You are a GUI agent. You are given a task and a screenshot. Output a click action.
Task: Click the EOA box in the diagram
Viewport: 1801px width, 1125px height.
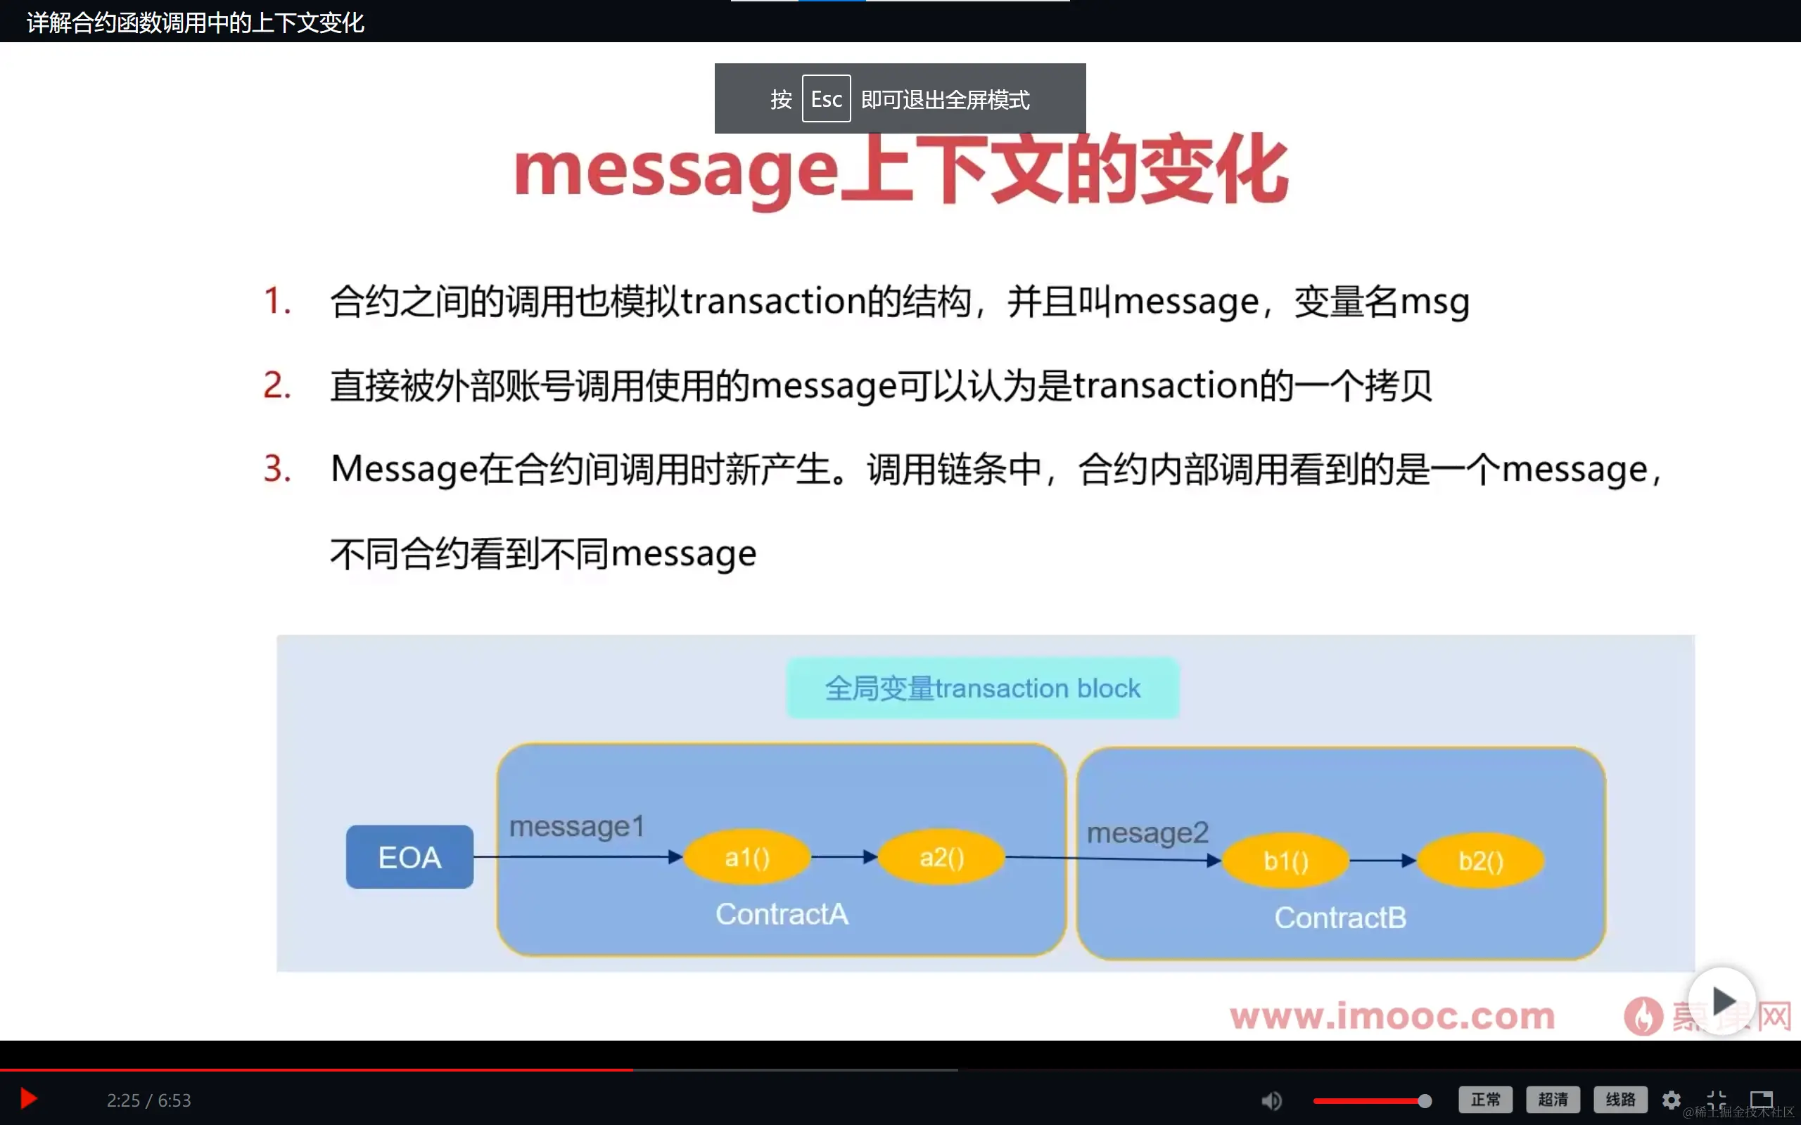point(409,857)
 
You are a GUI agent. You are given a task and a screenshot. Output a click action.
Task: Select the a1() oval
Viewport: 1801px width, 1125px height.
point(746,858)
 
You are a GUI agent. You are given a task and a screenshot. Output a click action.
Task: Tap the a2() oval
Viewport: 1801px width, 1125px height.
point(941,858)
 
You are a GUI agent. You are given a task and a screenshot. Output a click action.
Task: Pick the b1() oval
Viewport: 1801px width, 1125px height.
point(1285,861)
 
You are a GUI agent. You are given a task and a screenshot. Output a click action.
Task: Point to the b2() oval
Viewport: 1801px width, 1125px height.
point(1480,861)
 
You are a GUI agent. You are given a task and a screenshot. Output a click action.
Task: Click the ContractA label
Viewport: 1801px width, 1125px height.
point(782,913)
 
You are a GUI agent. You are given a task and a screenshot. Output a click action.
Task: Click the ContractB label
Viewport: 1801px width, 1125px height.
point(1340,918)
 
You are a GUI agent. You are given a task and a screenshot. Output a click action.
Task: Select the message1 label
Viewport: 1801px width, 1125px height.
point(577,827)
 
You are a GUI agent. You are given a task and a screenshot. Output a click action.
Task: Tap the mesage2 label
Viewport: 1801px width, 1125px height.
point(1147,833)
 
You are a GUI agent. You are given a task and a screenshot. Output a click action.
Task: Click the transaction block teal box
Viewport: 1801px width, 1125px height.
point(982,688)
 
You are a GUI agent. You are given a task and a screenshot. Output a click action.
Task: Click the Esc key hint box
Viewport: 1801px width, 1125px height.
point(826,99)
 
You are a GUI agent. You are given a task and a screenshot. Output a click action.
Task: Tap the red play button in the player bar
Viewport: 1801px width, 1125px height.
point(28,1099)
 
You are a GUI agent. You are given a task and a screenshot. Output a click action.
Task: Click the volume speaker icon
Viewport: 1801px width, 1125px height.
point(1271,1100)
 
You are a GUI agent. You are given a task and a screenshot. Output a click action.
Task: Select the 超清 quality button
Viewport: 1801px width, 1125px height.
point(1553,1099)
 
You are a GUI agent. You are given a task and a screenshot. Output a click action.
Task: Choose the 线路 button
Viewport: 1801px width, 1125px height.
point(1619,1099)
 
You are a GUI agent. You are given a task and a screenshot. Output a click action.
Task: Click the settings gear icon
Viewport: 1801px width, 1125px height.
point(1672,1100)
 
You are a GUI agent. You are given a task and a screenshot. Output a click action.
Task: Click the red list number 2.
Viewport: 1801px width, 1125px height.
point(277,385)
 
